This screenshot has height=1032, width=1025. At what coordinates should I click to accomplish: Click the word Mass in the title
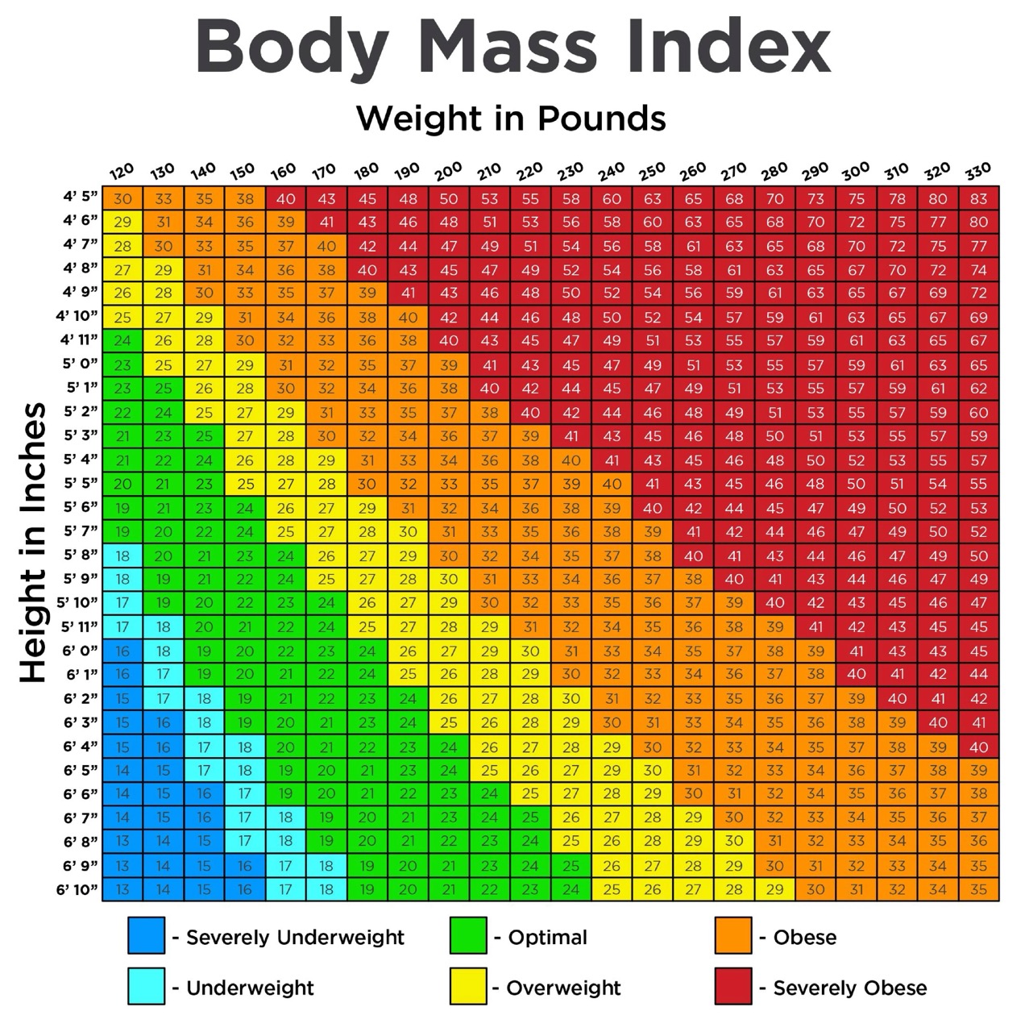(x=508, y=47)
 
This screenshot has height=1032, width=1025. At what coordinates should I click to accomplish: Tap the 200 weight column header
(x=448, y=171)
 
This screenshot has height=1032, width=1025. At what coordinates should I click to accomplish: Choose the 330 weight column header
(x=977, y=171)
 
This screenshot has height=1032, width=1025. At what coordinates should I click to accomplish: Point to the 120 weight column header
(x=122, y=171)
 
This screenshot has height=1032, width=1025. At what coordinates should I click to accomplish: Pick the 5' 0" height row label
(x=81, y=364)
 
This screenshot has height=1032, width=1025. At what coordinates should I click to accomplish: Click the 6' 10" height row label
(x=77, y=889)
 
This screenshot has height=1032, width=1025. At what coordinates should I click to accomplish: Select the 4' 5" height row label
(x=81, y=197)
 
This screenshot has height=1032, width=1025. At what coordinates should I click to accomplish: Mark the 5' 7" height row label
(x=81, y=531)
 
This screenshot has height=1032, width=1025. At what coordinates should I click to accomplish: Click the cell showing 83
(x=978, y=198)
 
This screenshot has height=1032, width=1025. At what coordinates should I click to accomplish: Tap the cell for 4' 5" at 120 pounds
(x=122, y=198)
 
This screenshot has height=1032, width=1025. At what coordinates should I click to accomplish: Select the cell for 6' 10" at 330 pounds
(x=978, y=890)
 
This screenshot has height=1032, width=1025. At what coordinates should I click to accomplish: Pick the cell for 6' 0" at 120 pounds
(x=122, y=651)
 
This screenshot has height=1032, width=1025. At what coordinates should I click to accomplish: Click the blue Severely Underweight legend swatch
(x=146, y=936)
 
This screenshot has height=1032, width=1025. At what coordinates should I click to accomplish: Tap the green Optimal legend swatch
(x=468, y=936)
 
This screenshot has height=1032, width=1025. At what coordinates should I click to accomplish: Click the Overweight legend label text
(x=563, y=988)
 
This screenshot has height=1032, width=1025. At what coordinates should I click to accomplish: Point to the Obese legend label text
(x=804, y=937)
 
